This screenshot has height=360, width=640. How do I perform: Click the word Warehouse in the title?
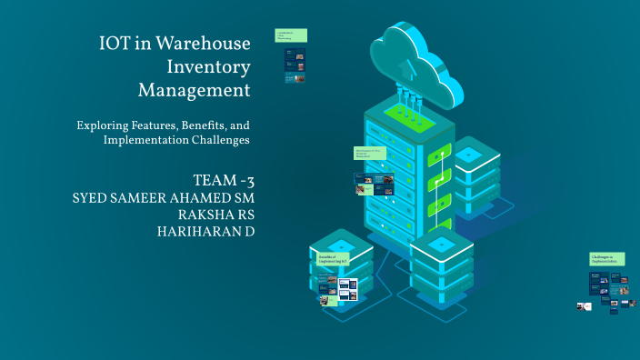tap(204, 44)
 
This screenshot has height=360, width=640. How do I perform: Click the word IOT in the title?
tap(116, 44)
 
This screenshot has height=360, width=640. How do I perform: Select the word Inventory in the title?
tap(209, 67)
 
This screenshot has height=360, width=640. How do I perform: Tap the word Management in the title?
tap(194, 91)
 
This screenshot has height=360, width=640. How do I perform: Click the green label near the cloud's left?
tap(291, 35)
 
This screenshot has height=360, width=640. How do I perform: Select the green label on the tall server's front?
tap(373, 154)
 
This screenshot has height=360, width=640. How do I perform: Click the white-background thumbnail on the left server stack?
tap(347, 289)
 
